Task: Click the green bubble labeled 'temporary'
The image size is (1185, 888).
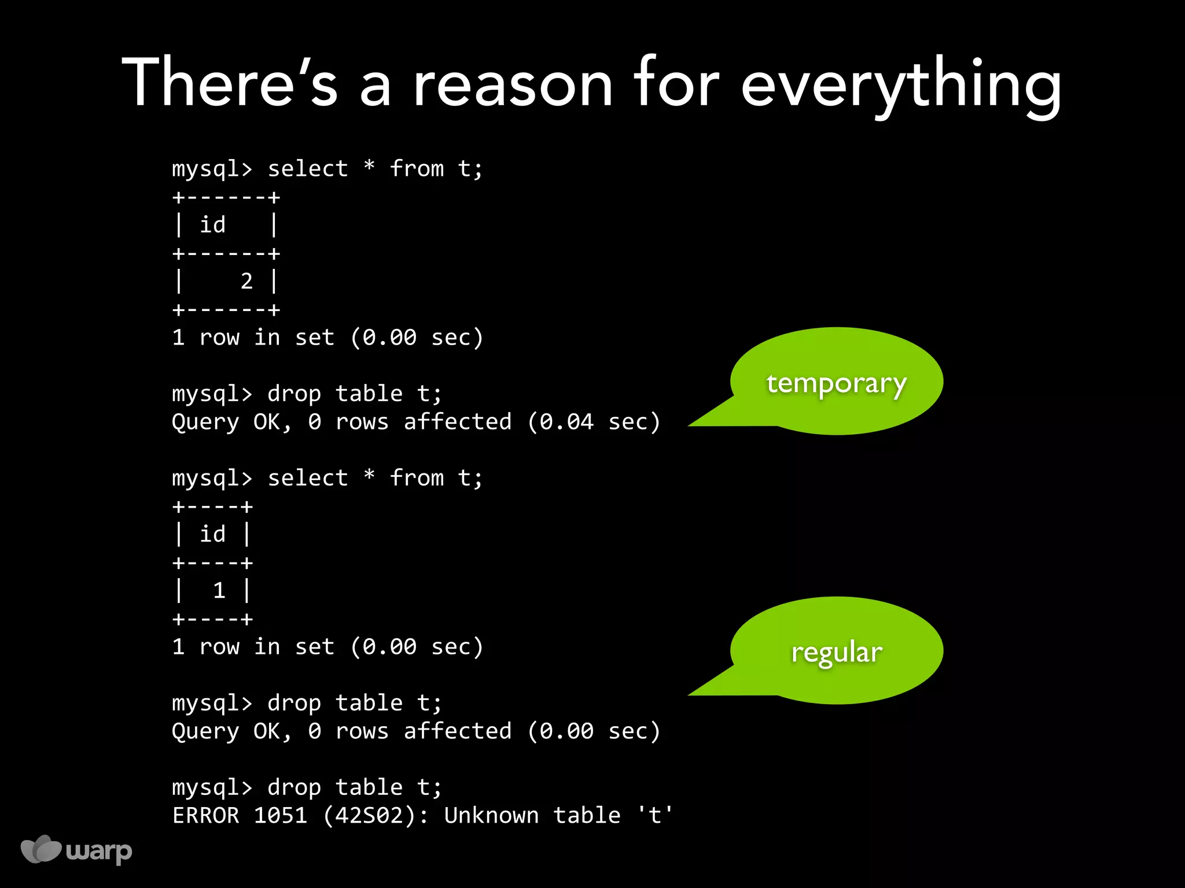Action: [x=836, y=382]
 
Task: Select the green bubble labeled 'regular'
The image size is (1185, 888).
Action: [x=836, y=652]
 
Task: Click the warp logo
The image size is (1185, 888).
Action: [x=76, y=850]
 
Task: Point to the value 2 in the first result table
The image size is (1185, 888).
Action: [x=246, y=282]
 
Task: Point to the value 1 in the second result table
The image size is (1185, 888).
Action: [x=219, y=591]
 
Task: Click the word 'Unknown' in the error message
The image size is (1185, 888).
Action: [x=491, y=815]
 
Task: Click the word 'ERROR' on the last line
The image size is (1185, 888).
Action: [x=205, y=815]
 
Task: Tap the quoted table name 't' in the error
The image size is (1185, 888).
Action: [x=655, y=815]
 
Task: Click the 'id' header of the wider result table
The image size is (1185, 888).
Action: [x=212, y=225]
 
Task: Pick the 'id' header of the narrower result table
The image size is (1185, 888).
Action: [x=212, y=534]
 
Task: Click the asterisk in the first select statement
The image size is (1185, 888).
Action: [x=369, y=168]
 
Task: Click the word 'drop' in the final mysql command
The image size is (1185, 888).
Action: [x=294, y=787]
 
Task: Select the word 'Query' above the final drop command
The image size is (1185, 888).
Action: [x=205, y=731]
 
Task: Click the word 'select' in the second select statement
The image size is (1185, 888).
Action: [x=308, y=478]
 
